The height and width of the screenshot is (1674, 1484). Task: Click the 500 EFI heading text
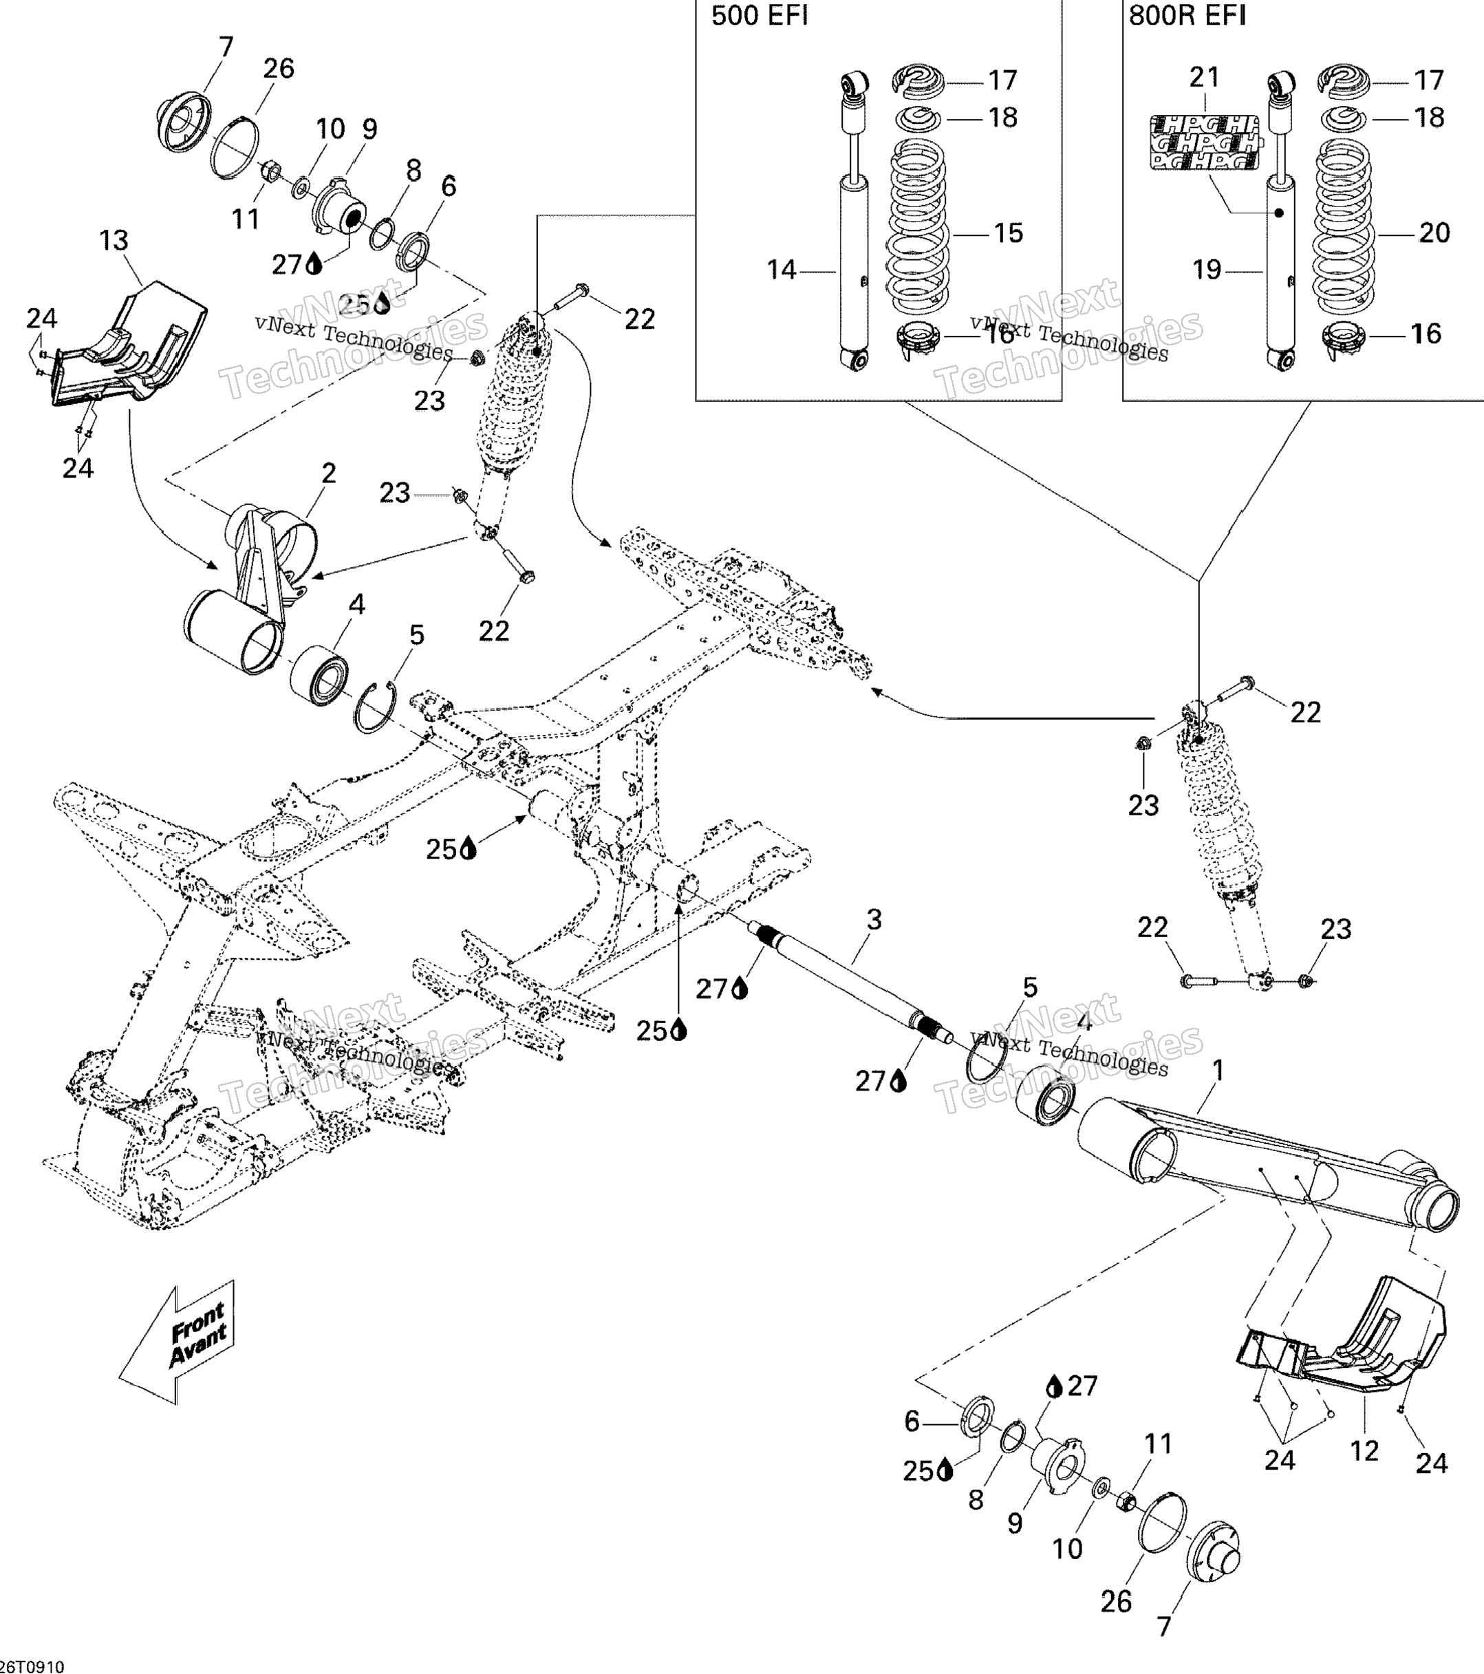759,17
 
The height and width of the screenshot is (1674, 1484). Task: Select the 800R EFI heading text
1187,17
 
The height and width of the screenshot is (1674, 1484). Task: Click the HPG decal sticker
1204,142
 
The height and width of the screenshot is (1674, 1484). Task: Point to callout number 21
1204,77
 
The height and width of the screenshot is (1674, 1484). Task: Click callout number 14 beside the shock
782,270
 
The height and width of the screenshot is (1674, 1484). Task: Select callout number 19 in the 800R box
1206,270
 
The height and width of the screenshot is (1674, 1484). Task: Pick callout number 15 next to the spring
1008,233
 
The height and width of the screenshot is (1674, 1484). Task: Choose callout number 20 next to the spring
1434,233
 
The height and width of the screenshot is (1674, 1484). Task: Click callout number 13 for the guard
114,241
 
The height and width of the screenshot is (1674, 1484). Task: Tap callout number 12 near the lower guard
1364,1451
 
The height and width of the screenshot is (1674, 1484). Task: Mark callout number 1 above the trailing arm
1218,1070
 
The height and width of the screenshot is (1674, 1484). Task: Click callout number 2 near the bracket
328,473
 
